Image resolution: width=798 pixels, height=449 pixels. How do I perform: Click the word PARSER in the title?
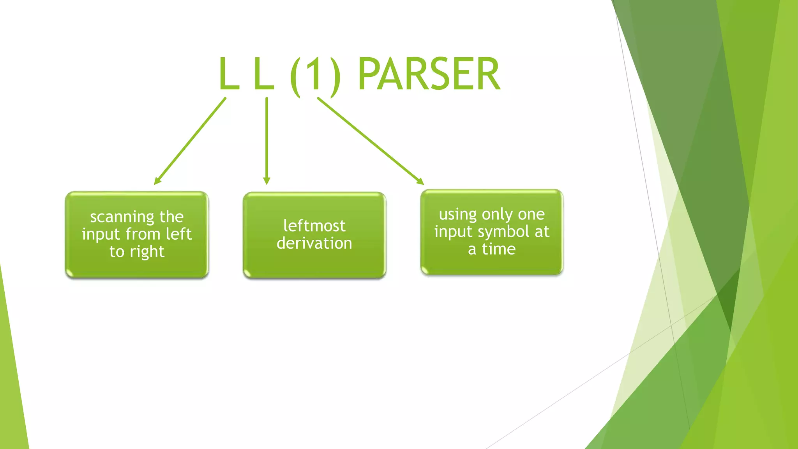[429, 74]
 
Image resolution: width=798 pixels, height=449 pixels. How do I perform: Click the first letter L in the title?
[229, 74]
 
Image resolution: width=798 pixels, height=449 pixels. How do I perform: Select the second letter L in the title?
[263, 74]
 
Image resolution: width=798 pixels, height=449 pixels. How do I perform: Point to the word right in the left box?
[148, 252]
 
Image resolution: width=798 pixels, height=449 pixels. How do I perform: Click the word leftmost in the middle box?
[314, 226]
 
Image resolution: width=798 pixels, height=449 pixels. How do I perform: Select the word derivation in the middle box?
[314, 243]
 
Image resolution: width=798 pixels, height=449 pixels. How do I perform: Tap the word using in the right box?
[457, 215]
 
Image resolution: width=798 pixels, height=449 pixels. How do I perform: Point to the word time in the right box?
[499, 249]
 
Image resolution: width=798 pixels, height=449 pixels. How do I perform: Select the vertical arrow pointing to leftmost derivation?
[267, 140]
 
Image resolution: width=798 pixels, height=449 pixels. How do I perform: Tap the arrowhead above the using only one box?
[420, 181]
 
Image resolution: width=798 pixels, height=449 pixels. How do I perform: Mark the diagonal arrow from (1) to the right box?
[370, 140]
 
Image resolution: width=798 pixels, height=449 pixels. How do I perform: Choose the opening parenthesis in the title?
[295, 76]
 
